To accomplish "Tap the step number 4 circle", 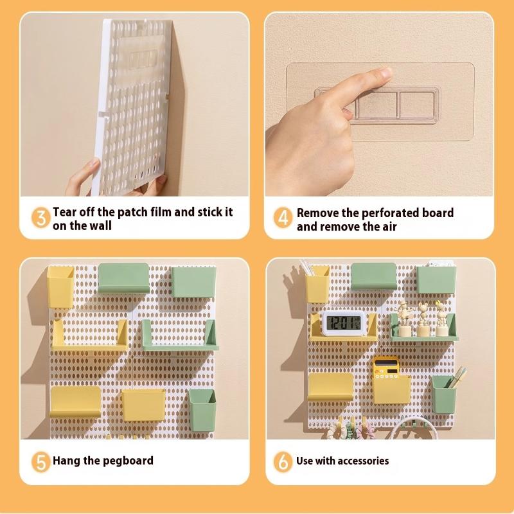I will click(283, 218).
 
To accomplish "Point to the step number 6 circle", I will click(283, 461).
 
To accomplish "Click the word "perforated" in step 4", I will click(406, 213).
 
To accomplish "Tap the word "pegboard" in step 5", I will click(131, 461).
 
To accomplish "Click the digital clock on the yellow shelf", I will click(343, 323).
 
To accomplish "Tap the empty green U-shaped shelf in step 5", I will click(180, 337).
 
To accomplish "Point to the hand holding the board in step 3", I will click(84, 177).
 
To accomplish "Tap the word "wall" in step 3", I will click(100, 226).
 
